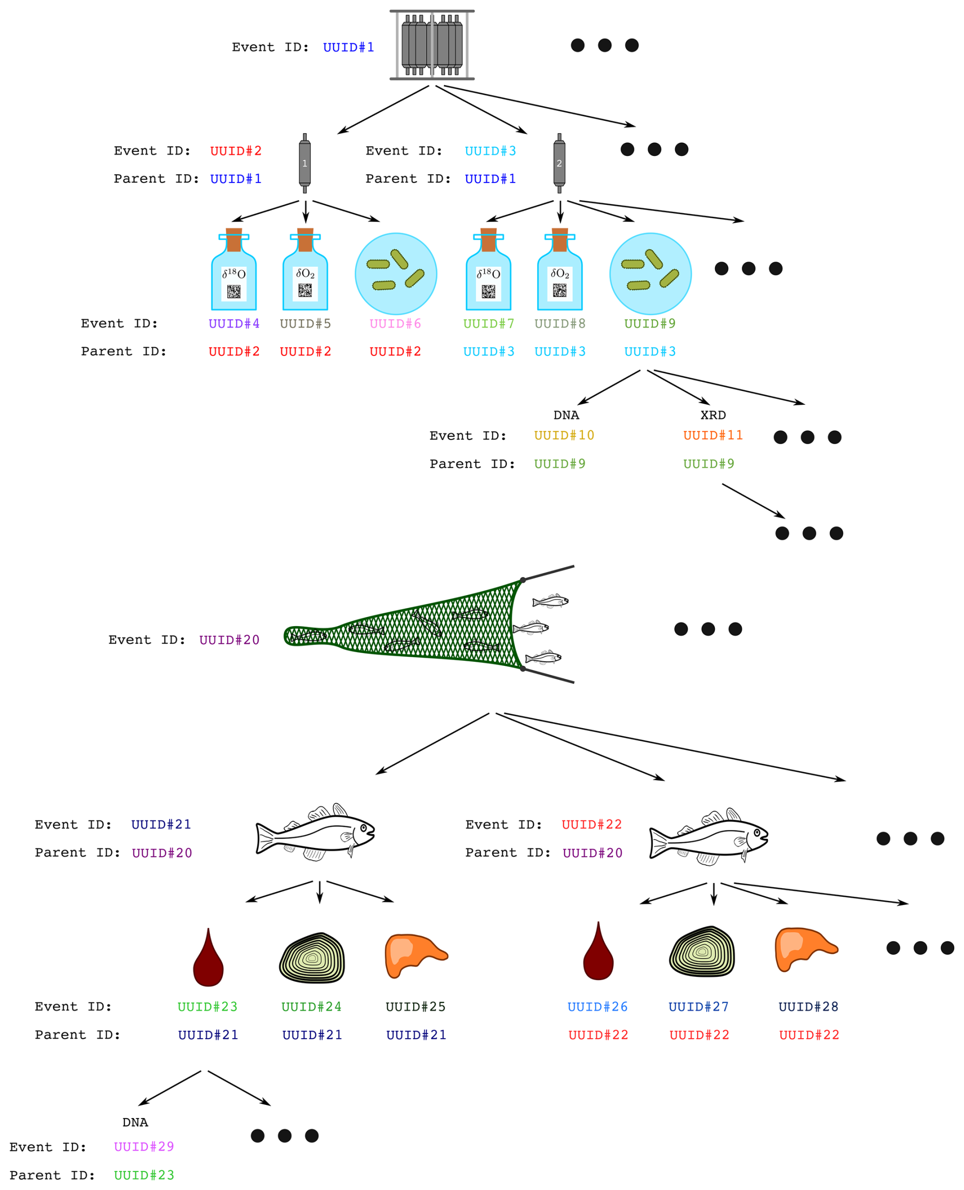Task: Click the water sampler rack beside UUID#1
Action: tap(432, 45)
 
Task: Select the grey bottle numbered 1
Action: tap(304, 163)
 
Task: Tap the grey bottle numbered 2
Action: tap(559, 163)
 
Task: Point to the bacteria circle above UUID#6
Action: tap(396, 274)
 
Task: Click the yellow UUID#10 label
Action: tap(564, 435)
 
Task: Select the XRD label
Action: tap(713, 415)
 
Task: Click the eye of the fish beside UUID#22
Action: tap(757, 832)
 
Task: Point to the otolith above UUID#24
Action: tap(312, 958)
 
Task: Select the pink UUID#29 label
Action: tap(144, 1147)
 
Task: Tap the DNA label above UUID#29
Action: tap(135, 1122)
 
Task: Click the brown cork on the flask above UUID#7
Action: tap(488, 240)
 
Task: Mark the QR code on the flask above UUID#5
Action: tap(305, 290)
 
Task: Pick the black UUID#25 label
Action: tap(415, 1006)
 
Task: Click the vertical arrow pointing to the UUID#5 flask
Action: tap(305, 212)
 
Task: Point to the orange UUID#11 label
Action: tap(713, 435)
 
